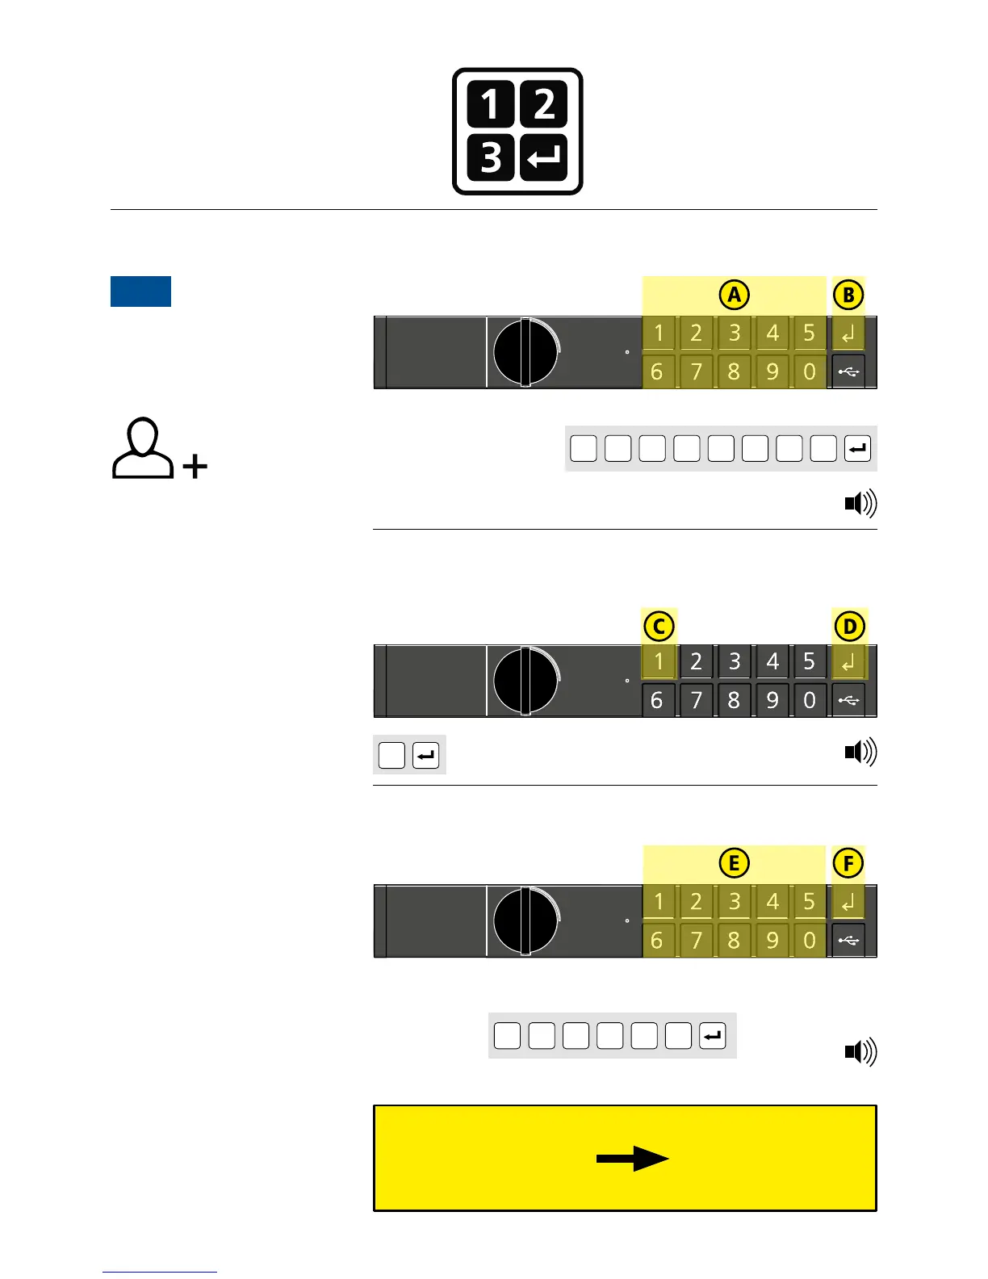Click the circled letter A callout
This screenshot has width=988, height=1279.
pos(734,295)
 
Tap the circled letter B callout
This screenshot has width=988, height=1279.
pos(848,295)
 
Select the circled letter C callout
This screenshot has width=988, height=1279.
pos(659,627)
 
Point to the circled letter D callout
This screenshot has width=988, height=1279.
pos(849,627)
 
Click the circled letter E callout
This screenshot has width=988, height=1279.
pos(734,863)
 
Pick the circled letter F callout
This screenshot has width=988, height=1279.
pos(848,863)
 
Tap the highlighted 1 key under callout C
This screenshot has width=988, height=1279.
pos(659,661)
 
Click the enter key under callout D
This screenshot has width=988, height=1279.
pos(848,662)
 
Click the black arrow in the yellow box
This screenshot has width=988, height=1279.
pos(632,1159)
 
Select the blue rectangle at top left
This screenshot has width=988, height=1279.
pos(140,291)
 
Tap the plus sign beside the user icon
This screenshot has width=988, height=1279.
pos(195,466)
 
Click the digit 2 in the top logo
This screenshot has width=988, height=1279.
pos(544,105)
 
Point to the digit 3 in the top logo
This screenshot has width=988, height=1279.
pos(491,157)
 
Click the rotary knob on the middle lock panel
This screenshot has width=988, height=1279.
pos(525,680)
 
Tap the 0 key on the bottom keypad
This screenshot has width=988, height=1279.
pos(810,940)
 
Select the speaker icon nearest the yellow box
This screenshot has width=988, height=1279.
pos(860,1051)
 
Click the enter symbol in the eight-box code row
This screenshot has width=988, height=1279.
pos(857,448)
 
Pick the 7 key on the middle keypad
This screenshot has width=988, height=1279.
pos(696,700)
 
